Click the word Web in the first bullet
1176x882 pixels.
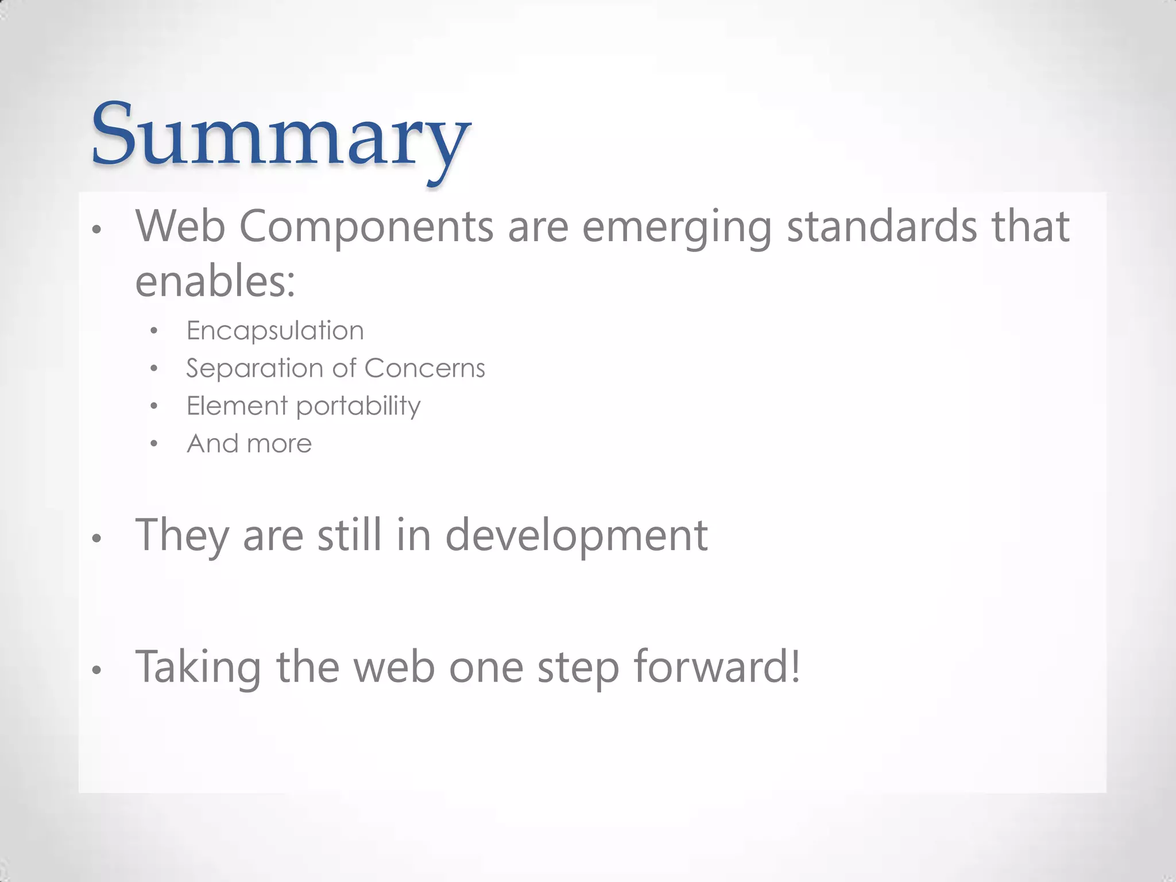[x=180, y=226]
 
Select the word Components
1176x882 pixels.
[x=366, y=227]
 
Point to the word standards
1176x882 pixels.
[x=881, y=226]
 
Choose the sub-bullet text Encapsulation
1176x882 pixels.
[x=275, y=331]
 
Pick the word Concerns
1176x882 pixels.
[x=424, y=368]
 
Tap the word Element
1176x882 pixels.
[x=237, y=406]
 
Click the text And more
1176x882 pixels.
[x=249, y=443]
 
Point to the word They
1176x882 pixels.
[x=181, y=535]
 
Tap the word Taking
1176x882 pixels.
[x=198, y=667]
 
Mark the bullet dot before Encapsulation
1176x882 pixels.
[x=153, y=331]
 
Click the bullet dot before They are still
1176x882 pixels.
[x=97, y=539]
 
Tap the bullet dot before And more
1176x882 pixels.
[x=153, y=444]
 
